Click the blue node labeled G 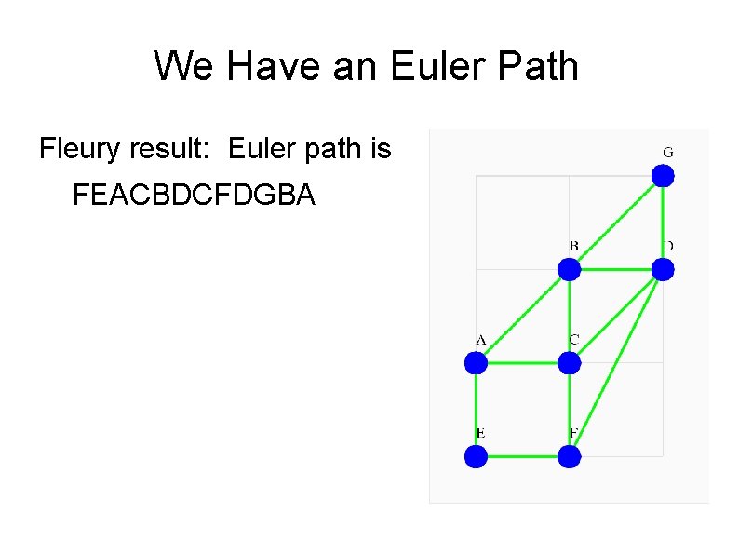click(x=662, y=175)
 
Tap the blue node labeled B click(x=569, y=269)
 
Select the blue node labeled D click(x=662, y=269)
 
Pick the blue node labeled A click(x=476, y=362)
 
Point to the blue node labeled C click(x=569, y=362)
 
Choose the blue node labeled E click(x=476, y=456)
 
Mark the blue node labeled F click(x=569, y=456)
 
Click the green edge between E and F click(x=522, y=456)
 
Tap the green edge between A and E click(x=476, y=410)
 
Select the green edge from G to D click(x=662, y=222)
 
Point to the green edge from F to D click(x=615, y=363)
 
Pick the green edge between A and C click(x=522, y=362)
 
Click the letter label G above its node click(x=667, y=151)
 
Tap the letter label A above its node click(x=481, y=339)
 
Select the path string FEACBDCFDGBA click(x=194, y=196)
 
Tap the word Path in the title click(x=538, y=66)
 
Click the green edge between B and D click(x=615, y=269)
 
